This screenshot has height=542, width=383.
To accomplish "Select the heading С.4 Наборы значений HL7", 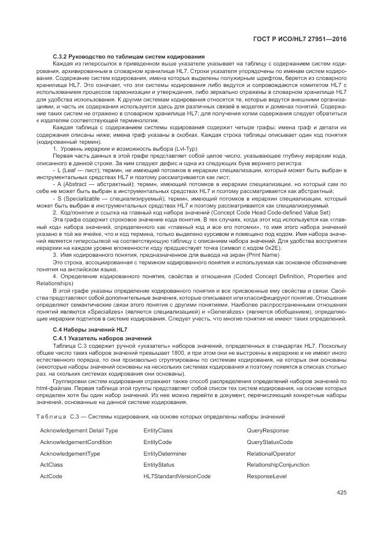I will pos(82,330).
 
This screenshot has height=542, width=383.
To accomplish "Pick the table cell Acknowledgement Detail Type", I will pos(79,431).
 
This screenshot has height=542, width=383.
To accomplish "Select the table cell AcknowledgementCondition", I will pos(76,442).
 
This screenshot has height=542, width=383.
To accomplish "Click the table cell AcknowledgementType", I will pos(70,453).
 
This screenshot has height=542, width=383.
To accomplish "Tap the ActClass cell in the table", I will pos(52,464).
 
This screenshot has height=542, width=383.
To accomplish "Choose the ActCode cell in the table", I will pos(51,476).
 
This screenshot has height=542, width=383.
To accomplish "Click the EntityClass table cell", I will pos(158,431).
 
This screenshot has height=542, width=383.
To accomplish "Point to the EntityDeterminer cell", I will pos(165,453).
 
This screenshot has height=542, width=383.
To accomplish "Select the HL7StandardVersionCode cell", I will pos(177,476).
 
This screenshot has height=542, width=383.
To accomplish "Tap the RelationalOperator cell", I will pos(271,453).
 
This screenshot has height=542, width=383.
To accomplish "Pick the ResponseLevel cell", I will pos(267,476).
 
